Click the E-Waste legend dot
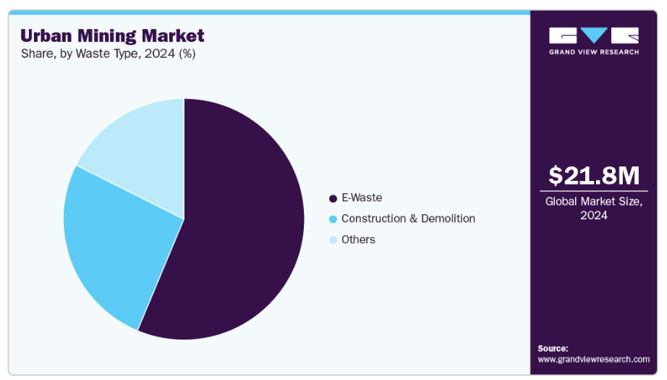pyautogui.click(x=333, y=198)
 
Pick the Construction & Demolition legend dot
pyautogui.click(x=333, y=219)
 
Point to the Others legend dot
pyautogui.click(x=333, y=240)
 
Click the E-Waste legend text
pyautogui.click(x=362, y=198)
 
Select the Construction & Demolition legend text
pyautogui.click(x=408, y=219)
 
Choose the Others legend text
pyautogui.click(x=358, y=240)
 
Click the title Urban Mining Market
pyautogui.click(x=112, y=35)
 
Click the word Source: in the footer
pyautogui.click(x=553, y=348)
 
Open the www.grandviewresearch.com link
pyautogui.click(x=593, y=359)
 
